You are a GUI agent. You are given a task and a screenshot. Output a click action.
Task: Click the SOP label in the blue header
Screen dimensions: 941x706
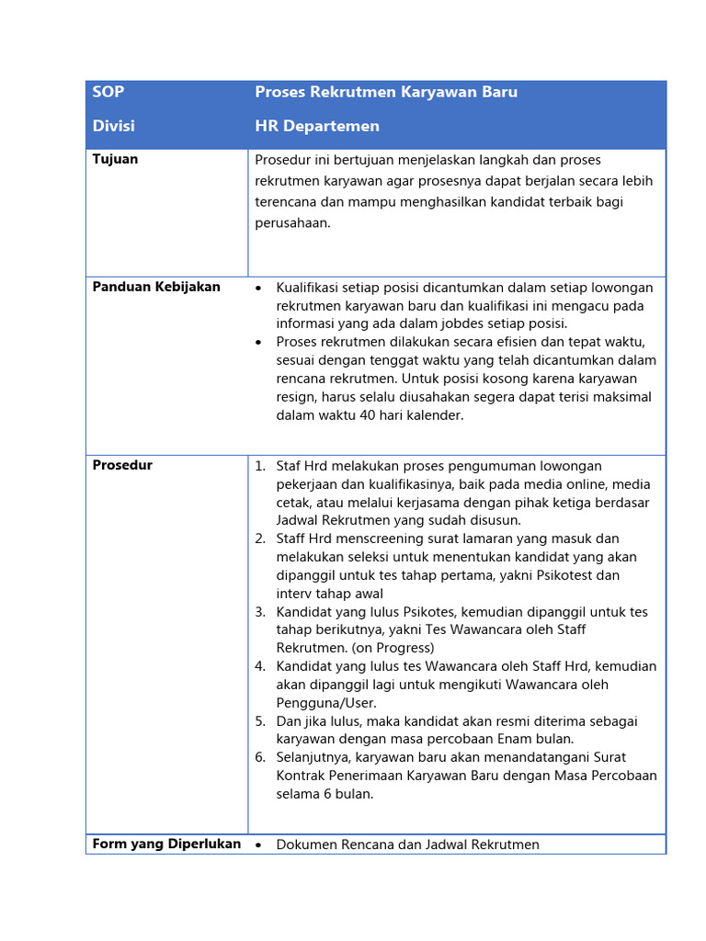coord(108,92)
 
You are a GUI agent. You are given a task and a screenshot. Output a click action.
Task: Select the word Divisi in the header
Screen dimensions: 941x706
coord(113,126)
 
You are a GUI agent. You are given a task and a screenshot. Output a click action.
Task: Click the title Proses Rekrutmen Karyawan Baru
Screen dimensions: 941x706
coord(386,92)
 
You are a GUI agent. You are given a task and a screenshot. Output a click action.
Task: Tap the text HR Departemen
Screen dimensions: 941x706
coord(317,126)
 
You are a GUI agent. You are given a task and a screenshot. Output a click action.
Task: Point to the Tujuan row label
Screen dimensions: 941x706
coord(115,159)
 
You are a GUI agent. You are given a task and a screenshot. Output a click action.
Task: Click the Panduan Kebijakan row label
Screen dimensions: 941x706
coord(156,287)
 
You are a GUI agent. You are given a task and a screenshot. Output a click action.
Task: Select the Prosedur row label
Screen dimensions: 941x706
coord(122,465)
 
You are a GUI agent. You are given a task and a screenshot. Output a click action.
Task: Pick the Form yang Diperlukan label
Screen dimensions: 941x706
coord(166,844)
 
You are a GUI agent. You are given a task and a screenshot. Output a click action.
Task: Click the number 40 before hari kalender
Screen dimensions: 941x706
coord(369,414)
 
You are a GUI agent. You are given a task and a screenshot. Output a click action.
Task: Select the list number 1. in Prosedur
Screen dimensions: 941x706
coord(260,466)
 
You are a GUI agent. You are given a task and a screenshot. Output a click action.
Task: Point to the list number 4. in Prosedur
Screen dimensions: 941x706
coord(260,666)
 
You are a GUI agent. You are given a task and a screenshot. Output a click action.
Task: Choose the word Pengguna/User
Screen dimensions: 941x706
coord(325,703)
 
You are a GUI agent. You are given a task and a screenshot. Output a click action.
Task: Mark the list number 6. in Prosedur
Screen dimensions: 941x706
coord(260,757)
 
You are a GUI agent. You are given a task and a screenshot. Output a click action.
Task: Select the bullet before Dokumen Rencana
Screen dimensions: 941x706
coord(259,845)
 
